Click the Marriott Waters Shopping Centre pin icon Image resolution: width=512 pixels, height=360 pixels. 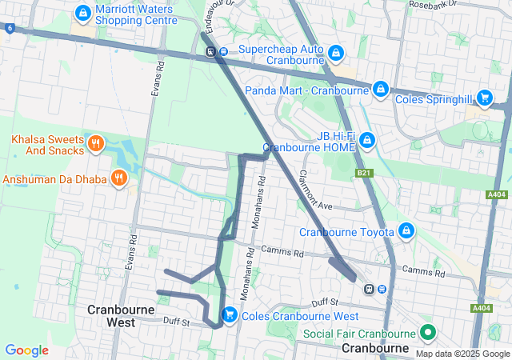82,13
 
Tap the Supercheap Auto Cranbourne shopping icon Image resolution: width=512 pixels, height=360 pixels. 335,54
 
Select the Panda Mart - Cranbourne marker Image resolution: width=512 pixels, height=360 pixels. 381,88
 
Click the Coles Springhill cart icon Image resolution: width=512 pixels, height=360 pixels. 484,97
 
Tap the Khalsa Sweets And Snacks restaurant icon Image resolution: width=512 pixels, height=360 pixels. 95,143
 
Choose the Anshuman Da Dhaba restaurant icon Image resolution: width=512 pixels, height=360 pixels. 119,177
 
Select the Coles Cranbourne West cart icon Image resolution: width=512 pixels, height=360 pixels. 230,314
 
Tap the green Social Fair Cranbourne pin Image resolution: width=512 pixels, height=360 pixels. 428,332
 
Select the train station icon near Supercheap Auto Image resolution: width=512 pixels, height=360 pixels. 210,53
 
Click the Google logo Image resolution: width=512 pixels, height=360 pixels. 26,350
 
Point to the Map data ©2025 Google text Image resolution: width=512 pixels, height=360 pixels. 461,354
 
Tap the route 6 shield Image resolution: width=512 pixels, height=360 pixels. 9,28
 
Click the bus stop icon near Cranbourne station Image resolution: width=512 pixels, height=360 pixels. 382,289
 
